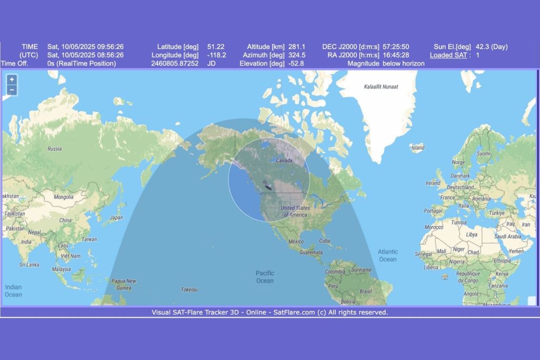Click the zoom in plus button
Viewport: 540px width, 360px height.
(x=12, y=80)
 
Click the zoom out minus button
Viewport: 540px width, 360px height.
(x=12, y=90)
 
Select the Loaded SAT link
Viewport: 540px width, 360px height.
(x=448, y=55)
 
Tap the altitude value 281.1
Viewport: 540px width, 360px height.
(x=297, y=46)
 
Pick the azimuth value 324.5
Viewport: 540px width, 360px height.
(x=297, y=55)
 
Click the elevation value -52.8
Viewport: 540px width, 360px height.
(x=296, y=63)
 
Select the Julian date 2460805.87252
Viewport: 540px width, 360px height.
(x=177, y=63)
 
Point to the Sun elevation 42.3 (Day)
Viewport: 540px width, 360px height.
(x=491, y=46)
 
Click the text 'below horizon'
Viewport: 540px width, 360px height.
(x=403, y=63)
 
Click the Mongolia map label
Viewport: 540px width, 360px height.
(x=63, y=197)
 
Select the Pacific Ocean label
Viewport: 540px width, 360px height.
(x=265, y=277)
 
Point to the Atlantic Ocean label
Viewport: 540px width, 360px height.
(x=388, y=255)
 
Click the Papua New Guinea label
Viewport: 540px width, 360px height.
(x=124, y=284)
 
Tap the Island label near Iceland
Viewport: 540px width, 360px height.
(x=418, y=148)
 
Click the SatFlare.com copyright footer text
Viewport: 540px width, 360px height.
(x=270, y=312)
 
